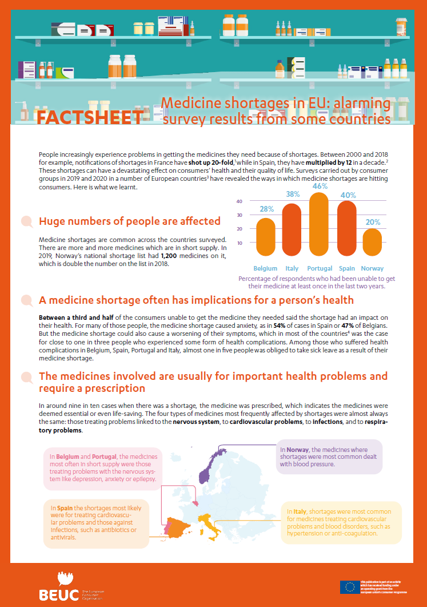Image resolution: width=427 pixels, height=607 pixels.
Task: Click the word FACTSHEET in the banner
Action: coord(89,117)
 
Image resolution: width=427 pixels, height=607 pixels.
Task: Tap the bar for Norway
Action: coord(372,243)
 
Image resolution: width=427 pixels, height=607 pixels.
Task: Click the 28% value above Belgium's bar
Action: coord(266,209)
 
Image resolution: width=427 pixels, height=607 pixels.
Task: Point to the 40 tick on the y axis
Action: coord(240,201)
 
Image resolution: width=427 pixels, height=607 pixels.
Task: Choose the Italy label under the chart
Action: coord(292,268)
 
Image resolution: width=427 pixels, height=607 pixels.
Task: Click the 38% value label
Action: coord(292,195)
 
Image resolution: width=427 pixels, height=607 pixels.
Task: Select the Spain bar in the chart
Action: coord(346,228)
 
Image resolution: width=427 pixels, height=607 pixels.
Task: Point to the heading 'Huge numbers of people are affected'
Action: coord(129,221)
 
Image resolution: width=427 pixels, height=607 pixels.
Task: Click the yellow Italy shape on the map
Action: coord(214,529)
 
